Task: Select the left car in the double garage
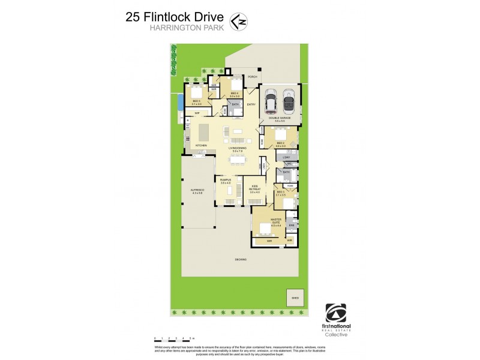(271, 101)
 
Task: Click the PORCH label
(244, 77)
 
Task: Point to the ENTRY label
(251, 104)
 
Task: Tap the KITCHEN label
(202, 145)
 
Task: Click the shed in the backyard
(296, 297)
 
